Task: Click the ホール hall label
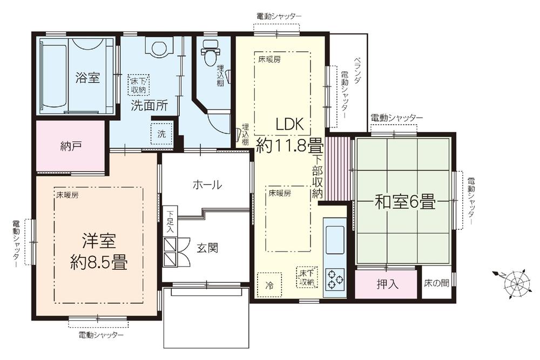[207, 185]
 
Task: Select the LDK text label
[292, 124]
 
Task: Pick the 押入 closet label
[387, 284]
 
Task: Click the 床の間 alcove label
[436, 283]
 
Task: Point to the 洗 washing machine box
[161, 133]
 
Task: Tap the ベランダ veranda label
[357, 70]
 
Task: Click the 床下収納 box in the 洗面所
[139, 85]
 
